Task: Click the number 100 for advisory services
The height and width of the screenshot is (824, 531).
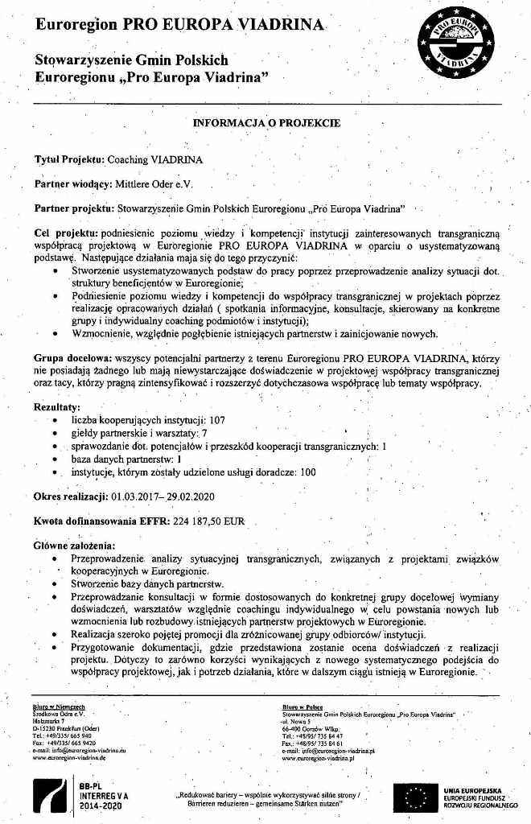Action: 307,472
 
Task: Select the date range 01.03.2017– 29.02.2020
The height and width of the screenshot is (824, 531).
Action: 169,496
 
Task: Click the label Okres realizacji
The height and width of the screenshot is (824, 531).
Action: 71,496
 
